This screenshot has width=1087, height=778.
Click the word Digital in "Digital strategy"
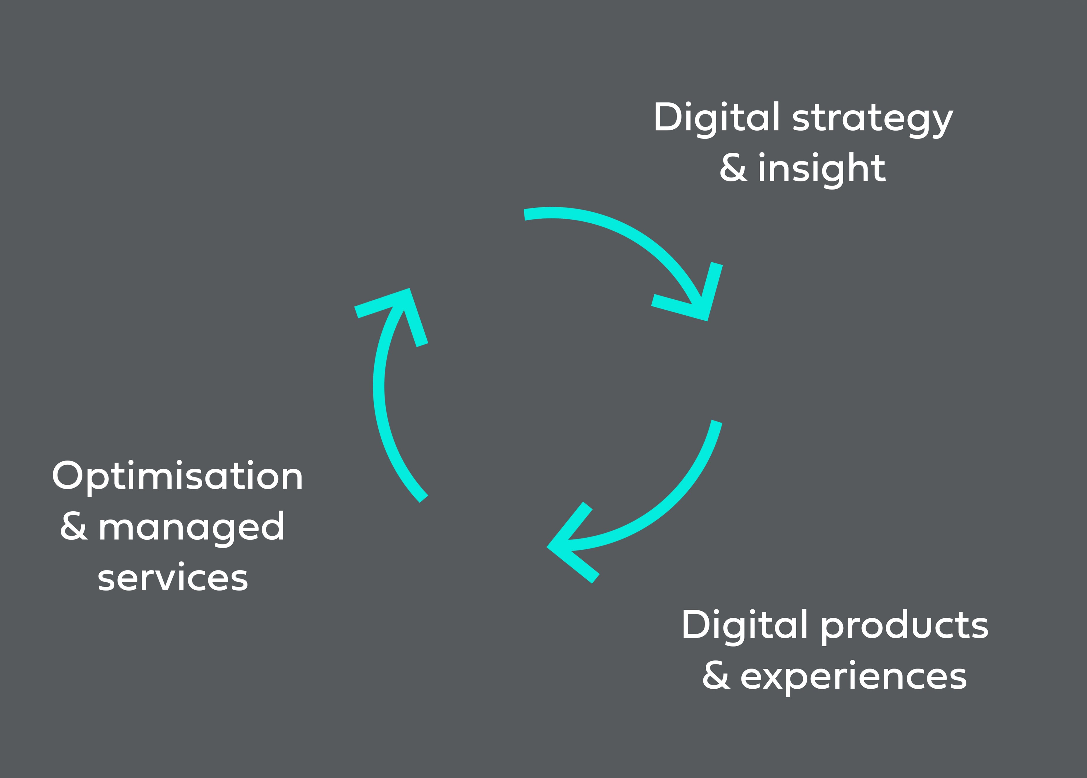716,119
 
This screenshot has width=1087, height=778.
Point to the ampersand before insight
733,168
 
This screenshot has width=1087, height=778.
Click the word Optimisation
177,477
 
